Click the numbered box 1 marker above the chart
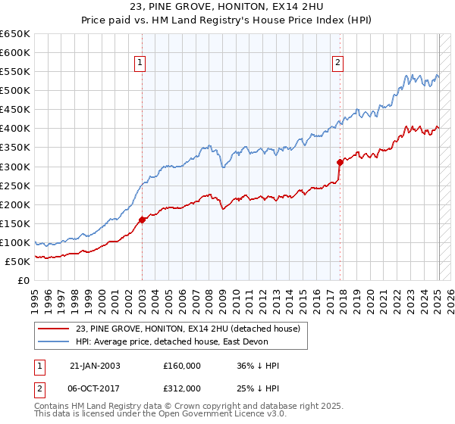tap(141, 64)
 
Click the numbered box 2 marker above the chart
tap(337, 64)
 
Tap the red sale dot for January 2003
tap(142, 220)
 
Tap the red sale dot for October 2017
tap(340, 161)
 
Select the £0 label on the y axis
tap(24, 281)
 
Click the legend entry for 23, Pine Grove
tap(188, 329)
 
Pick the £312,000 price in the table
tap(182, 388)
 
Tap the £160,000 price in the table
tap(182, 366)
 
